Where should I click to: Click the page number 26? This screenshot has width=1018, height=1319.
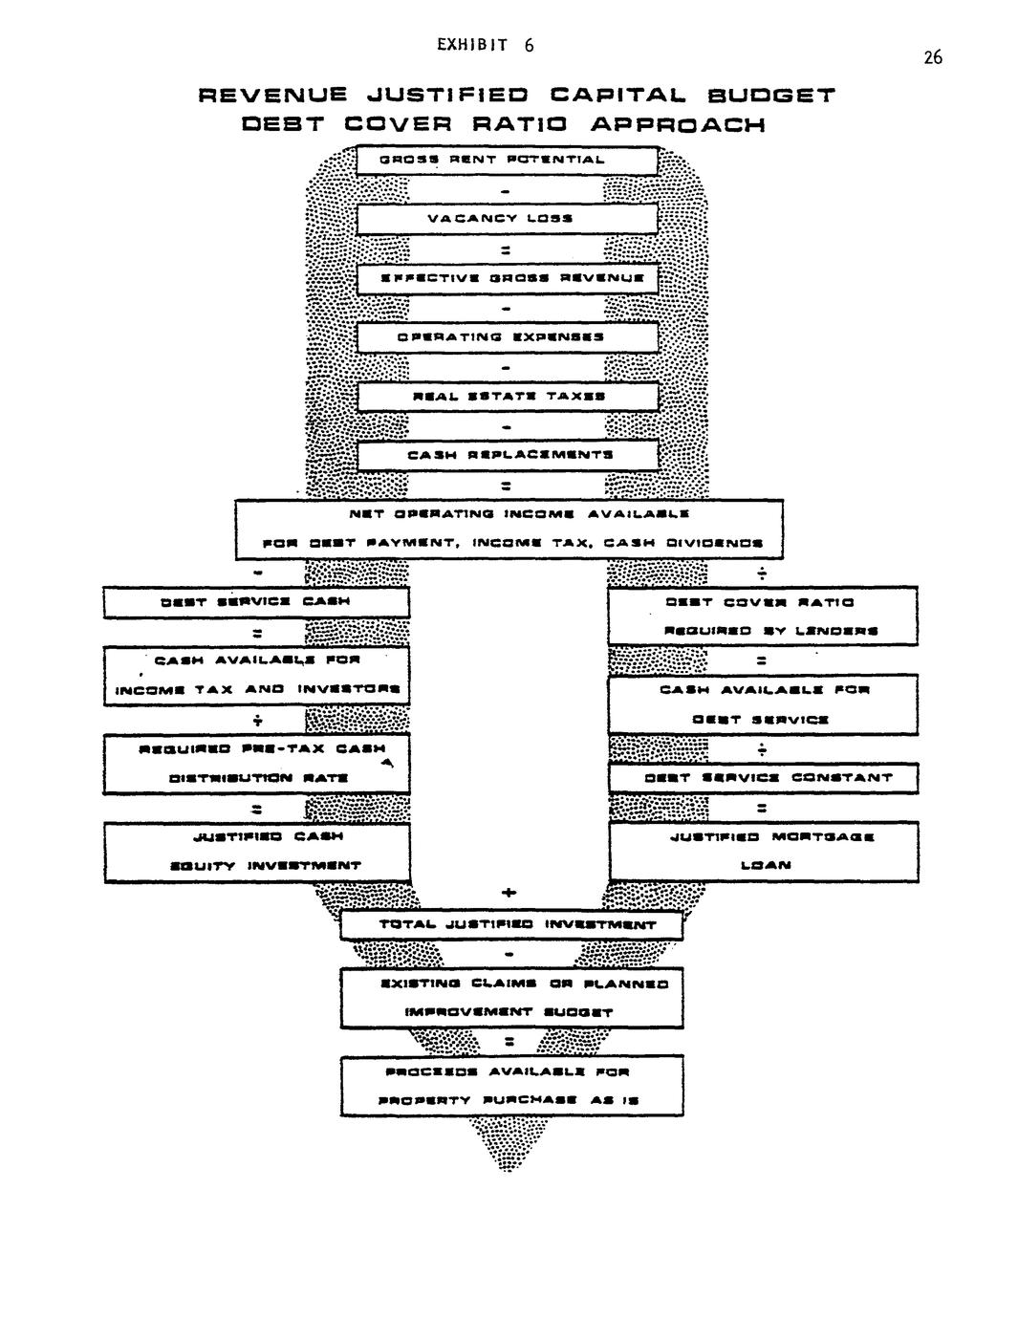tap(933, 58)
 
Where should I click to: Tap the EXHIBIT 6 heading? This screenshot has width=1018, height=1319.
tap(486, 45)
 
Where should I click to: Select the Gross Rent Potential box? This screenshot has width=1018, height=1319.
tap(508, 160)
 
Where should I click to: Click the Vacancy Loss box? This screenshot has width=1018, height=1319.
tap(508, 219)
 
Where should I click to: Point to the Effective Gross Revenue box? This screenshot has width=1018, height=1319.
tap(508, 278)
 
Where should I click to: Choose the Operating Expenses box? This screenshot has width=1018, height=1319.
tap(508, 337)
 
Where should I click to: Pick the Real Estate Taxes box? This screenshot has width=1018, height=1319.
tap(508, 397)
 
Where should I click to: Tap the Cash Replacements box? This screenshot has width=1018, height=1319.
tap(508, 456)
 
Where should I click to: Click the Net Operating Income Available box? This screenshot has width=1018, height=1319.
tap(509, 529)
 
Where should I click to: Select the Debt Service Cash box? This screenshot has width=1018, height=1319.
tap(256, 602)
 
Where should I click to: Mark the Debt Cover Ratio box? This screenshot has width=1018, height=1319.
tap(762, 616)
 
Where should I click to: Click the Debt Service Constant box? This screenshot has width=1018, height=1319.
tap(762, 778)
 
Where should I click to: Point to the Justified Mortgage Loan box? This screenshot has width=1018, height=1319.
tap(762, 851)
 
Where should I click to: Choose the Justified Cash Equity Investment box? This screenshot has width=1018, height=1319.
tap(256, 851)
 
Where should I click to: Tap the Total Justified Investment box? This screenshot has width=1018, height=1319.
tap(511, 925)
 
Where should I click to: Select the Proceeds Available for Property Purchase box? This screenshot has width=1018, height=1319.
tap(511, 1086)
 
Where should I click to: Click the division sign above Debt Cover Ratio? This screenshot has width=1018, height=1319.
tap(762, 574)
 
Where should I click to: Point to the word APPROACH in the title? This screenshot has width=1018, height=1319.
tap(678, 124)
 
